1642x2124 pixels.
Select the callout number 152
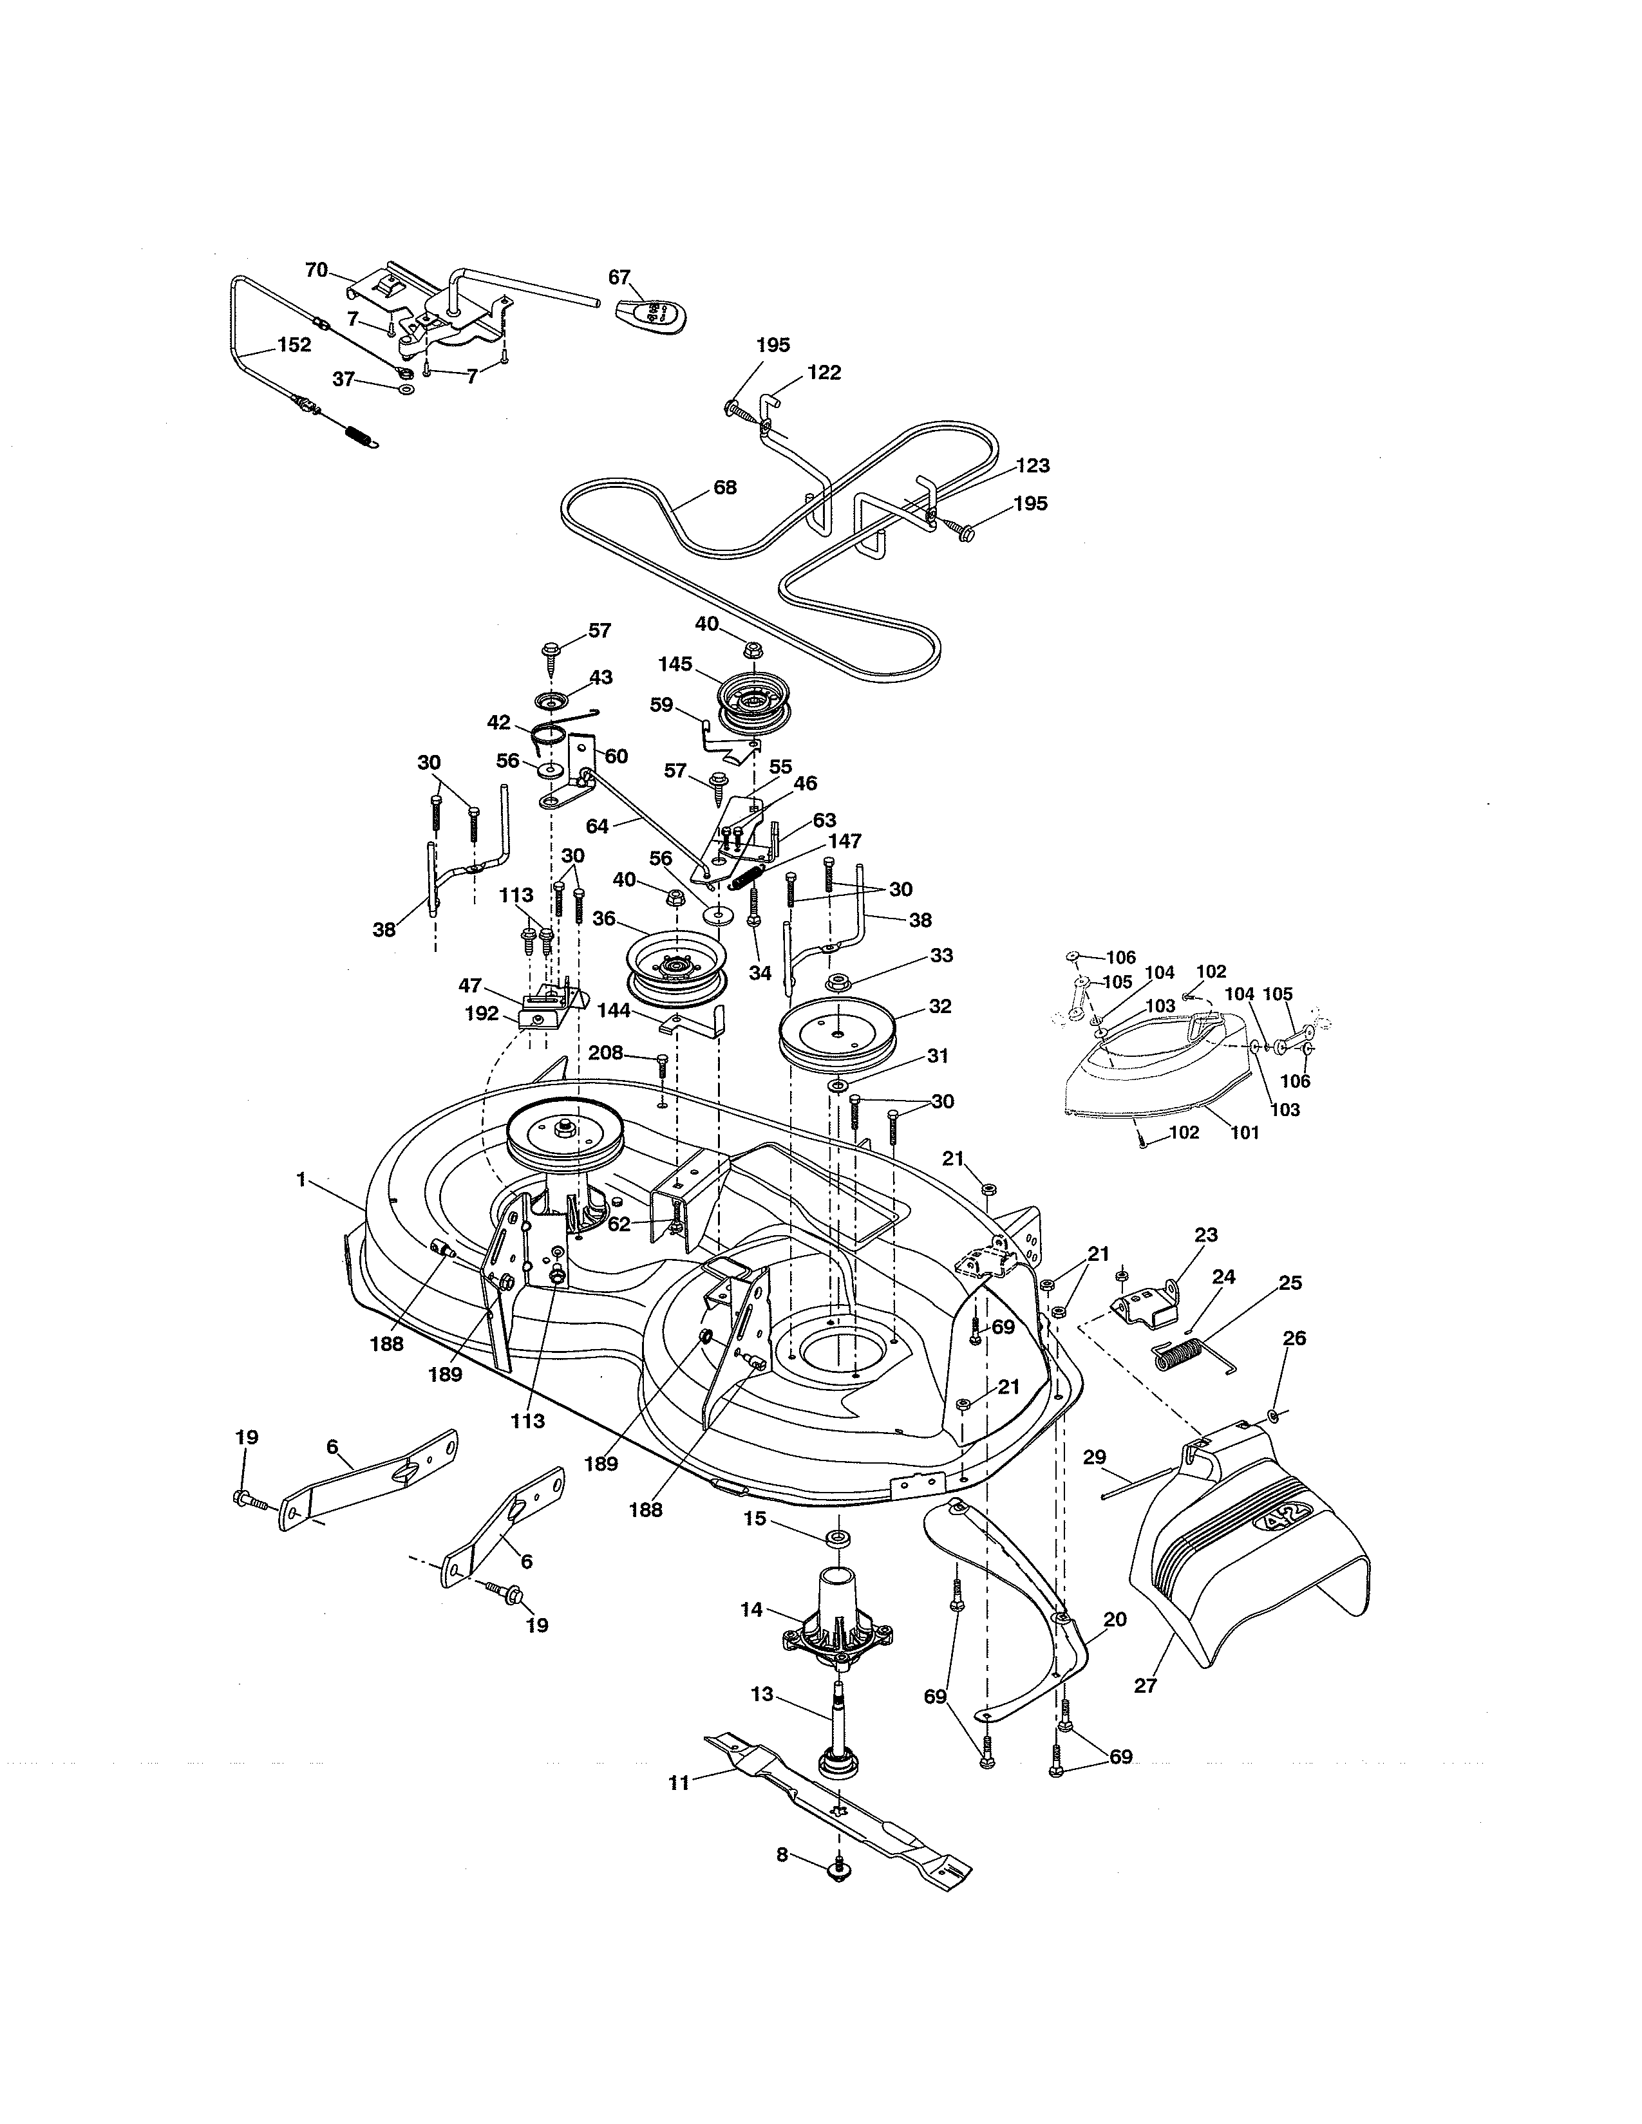tap(294, 344)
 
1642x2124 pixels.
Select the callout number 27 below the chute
tap(1146, 1684)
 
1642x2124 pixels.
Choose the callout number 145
tap(675, 664)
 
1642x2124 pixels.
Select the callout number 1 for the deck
tap(301, 1178)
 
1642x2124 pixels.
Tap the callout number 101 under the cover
tap(1245, 1132)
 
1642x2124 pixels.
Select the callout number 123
tap(1033, 466)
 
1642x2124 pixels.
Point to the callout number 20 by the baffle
tap(1116, 1619)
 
